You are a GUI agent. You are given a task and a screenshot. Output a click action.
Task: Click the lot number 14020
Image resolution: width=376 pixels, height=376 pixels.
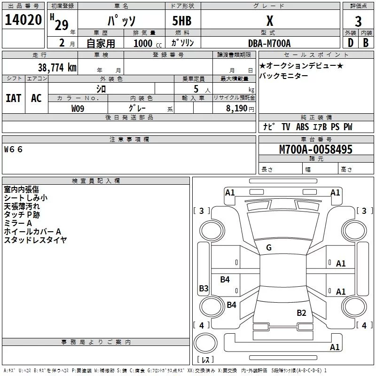(23, 20)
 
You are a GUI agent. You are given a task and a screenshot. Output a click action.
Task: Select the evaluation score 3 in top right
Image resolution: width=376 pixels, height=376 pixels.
(358, 21)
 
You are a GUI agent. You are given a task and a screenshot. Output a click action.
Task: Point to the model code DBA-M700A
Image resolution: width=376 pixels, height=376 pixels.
(269, 43)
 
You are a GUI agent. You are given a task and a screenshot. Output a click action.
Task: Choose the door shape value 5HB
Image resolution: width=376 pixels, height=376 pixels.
(182, 21)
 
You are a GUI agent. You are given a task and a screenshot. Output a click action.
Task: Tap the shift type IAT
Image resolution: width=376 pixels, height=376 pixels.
(13, 98)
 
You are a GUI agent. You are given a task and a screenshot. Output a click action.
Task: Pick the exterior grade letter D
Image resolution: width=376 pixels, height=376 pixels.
(350, 43)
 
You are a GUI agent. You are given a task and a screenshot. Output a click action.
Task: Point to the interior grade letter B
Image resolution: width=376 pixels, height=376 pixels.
(366, 43)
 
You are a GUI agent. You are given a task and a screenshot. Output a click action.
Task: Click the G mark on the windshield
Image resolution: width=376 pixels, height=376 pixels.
(269, 248)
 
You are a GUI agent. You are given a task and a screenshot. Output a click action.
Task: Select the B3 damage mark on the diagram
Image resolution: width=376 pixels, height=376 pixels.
(204, 289)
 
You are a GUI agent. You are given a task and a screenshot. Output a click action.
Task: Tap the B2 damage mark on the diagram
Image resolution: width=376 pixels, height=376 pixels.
(301, 313)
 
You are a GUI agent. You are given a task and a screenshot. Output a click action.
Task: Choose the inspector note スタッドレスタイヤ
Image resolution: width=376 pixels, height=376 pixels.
(35, 240)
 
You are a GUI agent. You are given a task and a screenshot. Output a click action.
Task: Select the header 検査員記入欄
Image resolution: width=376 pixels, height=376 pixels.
(96, 180)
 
